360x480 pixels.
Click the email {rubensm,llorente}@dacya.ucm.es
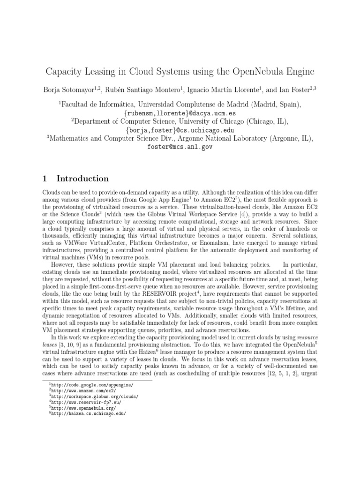pyautogui.click(x=180, y=113)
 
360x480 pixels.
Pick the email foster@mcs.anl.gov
pyautogui.click(x=180, y=146)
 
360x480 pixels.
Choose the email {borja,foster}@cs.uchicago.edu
pyautogui.click(x=180, y=130)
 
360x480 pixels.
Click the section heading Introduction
pyautogui.click(x=82, y=179)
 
